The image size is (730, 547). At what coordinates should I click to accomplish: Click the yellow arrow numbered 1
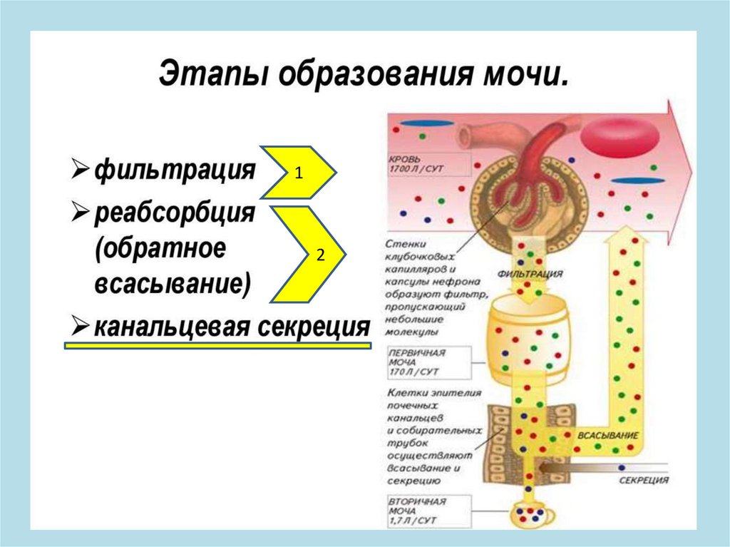point(298,172)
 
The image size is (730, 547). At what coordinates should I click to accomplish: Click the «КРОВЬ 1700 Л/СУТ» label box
point(425,164)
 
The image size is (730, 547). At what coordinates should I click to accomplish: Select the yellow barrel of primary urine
point(525,336)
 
